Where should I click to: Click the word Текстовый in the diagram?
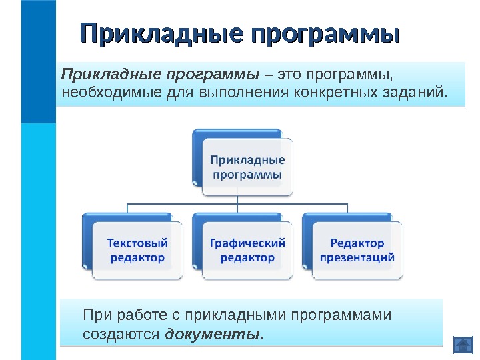tap(137, 243)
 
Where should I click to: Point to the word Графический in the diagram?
tap(247, 243)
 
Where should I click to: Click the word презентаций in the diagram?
tap(357, 257)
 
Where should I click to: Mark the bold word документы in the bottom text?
tap(213, 333)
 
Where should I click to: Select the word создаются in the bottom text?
tap(121, 333)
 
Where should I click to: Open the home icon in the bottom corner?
tap(462, 345)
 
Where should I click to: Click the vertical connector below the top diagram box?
tap(247, 199)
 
